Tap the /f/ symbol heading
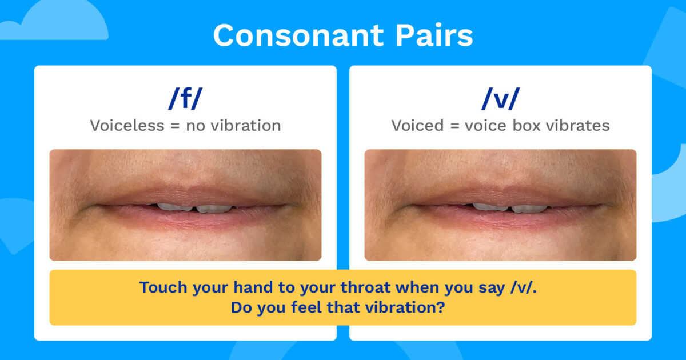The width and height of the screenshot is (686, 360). click(x=185, y=99)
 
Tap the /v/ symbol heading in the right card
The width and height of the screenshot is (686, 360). click(x=500, y=99)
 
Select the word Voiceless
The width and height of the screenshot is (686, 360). click(x=126, y=126)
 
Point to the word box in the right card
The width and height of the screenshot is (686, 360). click(x=527, y=126)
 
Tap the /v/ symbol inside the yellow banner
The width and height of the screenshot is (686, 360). click(x=526, y=287)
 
